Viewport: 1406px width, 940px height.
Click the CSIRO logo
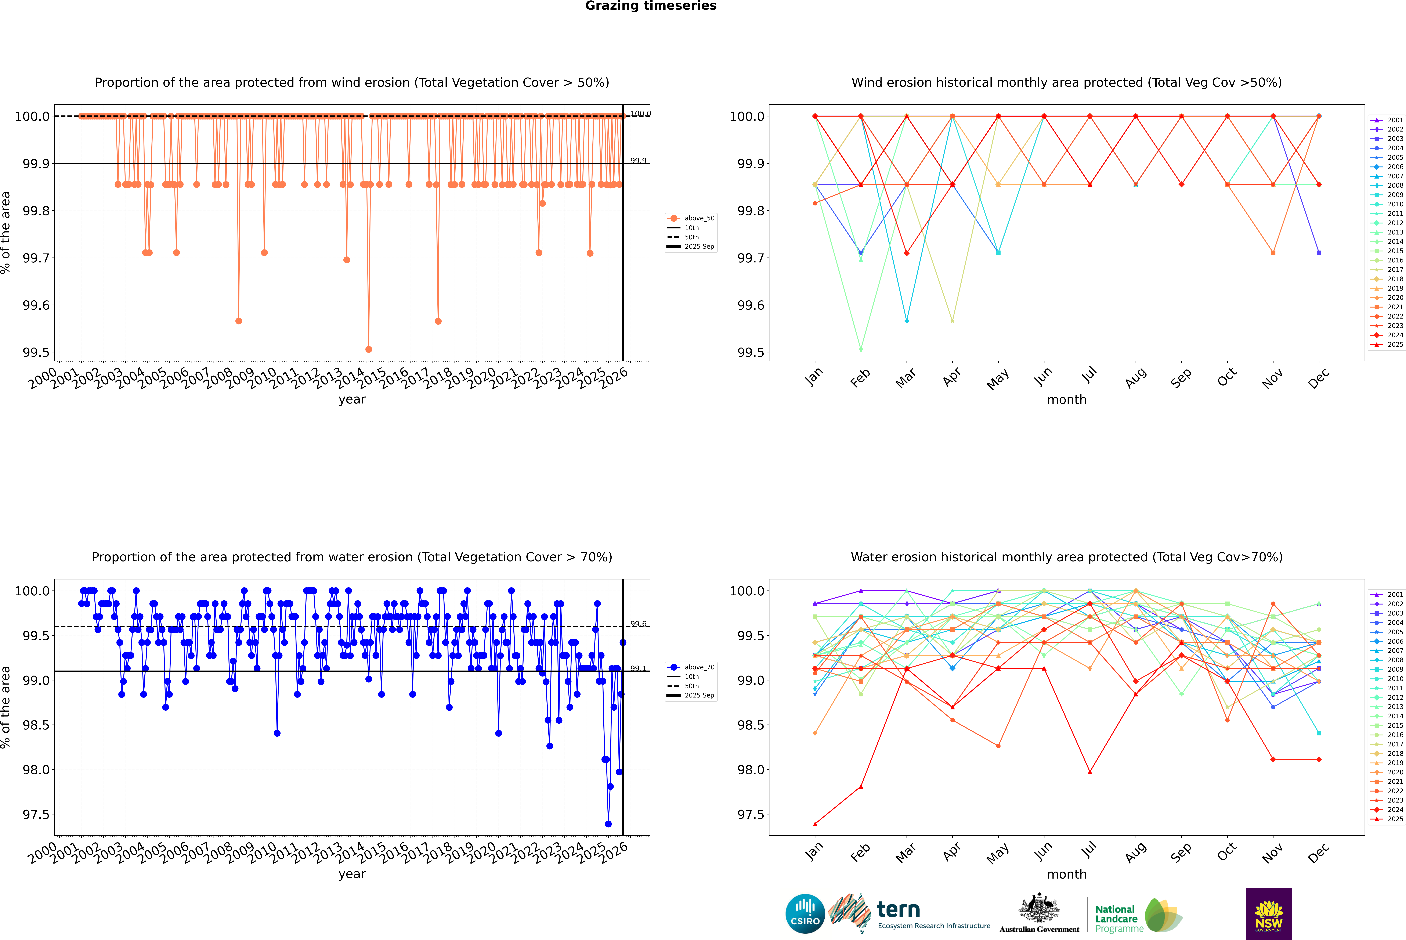[x=805, y=914]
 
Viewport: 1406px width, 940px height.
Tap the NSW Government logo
[x=1269, y=914]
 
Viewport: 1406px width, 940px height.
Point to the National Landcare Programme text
[x=1116, y=918]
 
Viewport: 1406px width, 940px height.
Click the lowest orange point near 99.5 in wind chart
[x=369, y=349]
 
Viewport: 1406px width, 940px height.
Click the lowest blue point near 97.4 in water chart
[x=608, y=824]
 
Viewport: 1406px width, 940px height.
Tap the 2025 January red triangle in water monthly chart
[x=815, y=824]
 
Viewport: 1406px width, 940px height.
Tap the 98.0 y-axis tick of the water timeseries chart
[x=36, y=770]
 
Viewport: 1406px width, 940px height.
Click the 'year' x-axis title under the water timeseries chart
[x=352, y=874]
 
